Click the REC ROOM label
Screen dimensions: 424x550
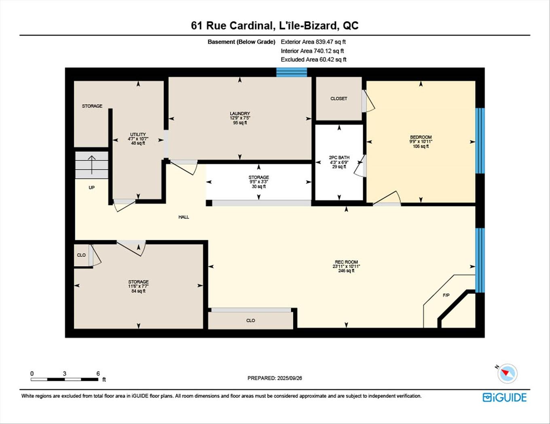[x=346, y=262]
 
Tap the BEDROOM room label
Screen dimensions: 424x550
[x=421, y=137]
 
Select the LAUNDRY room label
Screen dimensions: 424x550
[x=240, y=114]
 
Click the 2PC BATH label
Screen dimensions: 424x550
[x=339, y=158]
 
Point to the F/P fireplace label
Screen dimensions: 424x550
[x=446, y=296]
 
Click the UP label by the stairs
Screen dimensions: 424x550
[x=92, y=188]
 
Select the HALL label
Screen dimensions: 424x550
[x=184, y=217]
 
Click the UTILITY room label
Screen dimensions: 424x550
[x=138, y=135]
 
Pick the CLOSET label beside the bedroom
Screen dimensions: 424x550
[x=338, y=99]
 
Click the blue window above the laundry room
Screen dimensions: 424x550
[x=292, y=72]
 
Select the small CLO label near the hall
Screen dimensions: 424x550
[x=81, y=255]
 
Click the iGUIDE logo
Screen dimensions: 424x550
[x=504, y=397]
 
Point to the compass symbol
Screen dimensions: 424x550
[x=507, y=373]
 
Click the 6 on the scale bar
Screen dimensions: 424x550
[x=98, y=374]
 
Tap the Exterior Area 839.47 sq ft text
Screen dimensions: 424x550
[x=313, y=42]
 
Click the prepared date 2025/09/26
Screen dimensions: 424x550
[x=289, y=378]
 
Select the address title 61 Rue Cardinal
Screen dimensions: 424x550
[x=231, y=25]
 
